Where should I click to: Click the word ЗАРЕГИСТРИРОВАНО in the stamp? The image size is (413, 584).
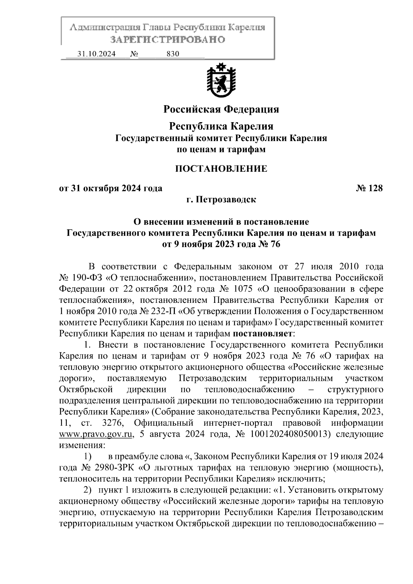[x=168, y=40]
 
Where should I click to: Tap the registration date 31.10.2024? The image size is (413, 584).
[x=96, y=54]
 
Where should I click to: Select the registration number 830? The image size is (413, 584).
[x=173, y=54]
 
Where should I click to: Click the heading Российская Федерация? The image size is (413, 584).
[x=221, y=109]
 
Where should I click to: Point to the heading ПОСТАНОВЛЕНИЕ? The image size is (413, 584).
[x=221, y=169]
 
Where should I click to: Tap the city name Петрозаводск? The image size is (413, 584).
[x=226, y=199]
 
